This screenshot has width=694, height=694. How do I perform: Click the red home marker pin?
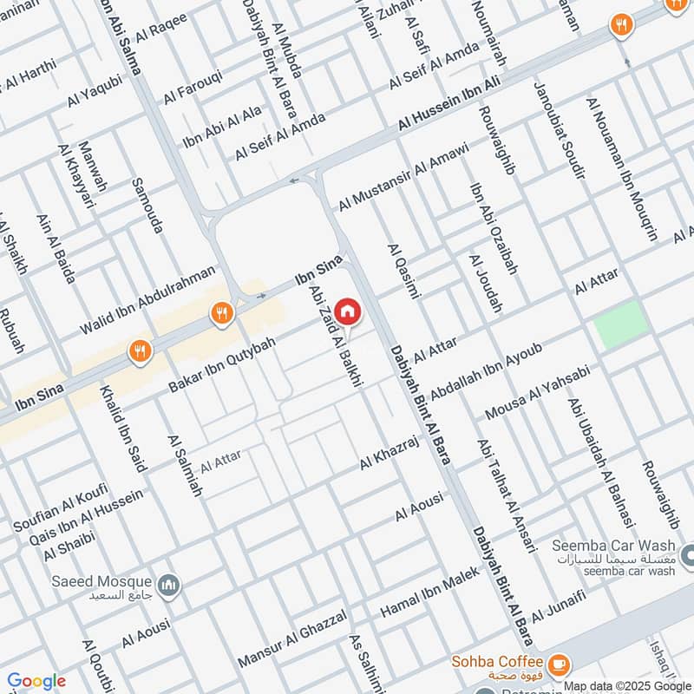coord(347,311)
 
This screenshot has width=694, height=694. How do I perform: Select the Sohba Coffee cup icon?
coord(559,663)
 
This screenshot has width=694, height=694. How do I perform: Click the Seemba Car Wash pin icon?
coord(686,553)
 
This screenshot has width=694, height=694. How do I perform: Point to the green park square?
coord(622,324)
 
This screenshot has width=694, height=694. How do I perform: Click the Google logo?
coord(36,681)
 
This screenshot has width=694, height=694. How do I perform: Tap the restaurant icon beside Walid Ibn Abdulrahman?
coord(222,313)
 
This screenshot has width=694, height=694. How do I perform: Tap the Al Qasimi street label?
coord(404,272)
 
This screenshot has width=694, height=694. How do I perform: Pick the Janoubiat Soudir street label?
coord(559,143)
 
